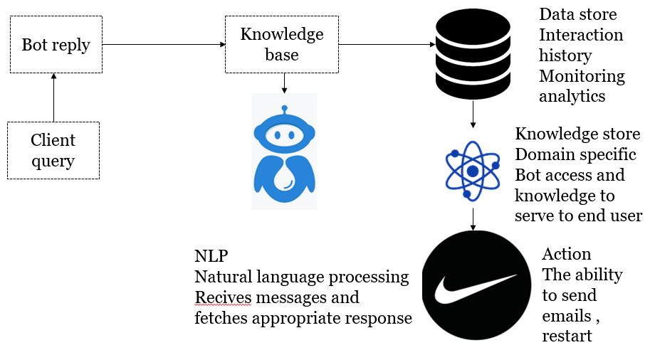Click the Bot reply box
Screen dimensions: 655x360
tap(56, 45)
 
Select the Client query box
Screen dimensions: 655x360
tap(53, 150)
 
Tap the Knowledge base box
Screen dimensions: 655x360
tap(282, 45)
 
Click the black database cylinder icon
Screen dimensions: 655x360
tap(473, 54)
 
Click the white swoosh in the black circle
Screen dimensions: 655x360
tap(476, 287)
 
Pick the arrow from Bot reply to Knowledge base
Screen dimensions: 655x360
tap(164, 44)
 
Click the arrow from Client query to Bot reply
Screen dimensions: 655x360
tap(53, 97)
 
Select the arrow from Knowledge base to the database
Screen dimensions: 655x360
tap(387, 44)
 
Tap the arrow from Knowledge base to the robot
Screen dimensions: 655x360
tap(284, 83)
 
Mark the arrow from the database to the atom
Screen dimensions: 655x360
tap(473, 114)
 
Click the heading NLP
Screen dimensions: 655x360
tap(211, 256)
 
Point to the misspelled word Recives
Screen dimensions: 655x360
tap(223, 297)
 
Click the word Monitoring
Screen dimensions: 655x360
tap(582, 76)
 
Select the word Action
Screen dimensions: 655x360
tap(567, 254)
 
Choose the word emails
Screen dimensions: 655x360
tap(567, 316)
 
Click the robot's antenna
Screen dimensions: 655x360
tap(285, 110)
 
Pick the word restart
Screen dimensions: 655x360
tap(567, 337)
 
